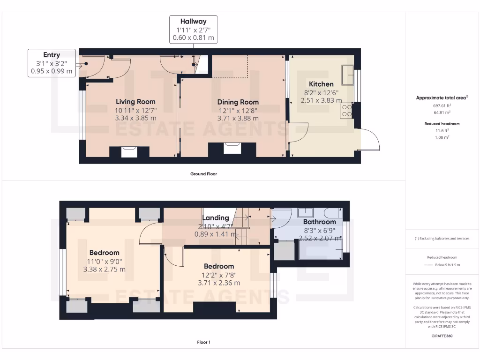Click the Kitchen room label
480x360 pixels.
click(321, 84)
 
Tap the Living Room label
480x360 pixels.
click(135, 102)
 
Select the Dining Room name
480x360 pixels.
click(238, 102)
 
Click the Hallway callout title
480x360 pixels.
click(193, 22)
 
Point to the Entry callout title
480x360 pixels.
click(52, 55)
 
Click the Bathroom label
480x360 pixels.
click(320, 222)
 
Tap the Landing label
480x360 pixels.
click(216, 217)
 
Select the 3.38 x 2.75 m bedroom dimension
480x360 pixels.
click(105, 270)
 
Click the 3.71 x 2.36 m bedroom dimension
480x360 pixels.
click(219, 283)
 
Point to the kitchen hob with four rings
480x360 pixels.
click(346, 111)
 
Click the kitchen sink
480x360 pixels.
click(348, 75)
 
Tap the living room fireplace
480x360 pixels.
click(129, 152)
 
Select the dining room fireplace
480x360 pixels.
click(232, 149)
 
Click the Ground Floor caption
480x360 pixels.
click(203, 174)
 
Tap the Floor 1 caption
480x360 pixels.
click(203, 342)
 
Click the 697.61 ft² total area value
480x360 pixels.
click(442, 105)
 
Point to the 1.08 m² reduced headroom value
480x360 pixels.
click(442, 137)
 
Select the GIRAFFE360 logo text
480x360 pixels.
click(442, 336)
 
